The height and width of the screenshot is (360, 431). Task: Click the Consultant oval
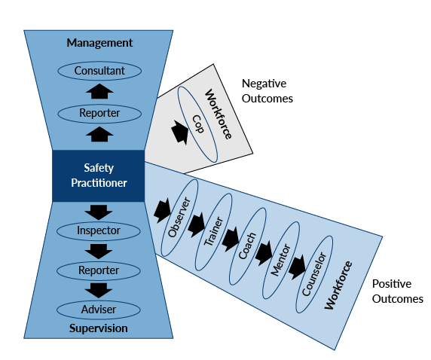tap(99, 71)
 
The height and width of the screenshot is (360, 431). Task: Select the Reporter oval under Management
tap(99, 114)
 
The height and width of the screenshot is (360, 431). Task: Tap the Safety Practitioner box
tap(99, 176)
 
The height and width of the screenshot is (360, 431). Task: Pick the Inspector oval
tap(99, 231)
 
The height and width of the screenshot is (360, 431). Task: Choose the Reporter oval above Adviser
tap(99, 270)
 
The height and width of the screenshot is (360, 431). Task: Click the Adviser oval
tap(99, 310)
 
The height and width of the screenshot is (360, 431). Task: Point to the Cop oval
tap(197, 124)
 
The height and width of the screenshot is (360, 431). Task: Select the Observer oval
tap(179, 218)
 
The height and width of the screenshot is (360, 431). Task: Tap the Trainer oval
tap(213, 232)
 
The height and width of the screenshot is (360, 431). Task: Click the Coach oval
tap(248, 246)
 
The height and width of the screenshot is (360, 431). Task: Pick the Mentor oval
tap(281, 261)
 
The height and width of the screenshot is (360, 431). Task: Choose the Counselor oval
tap(314, 274)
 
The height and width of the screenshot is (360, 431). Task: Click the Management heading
tap(99, 43)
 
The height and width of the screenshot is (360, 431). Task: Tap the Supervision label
tap(99, 328)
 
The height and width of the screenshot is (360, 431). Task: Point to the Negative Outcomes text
tap(267, 91)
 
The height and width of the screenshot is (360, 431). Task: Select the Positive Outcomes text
tap(397, 291)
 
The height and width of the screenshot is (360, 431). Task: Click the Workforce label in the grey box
tap(219, 114)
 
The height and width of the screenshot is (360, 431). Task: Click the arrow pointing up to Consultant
tap(99, 91)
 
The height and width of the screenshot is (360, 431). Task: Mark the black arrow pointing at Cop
tap(180, 132)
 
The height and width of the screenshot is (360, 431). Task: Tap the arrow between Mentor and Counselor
tap(297, 267)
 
